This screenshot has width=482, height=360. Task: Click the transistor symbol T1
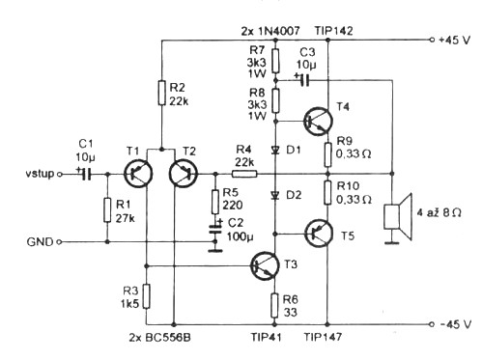[x=138, y=174]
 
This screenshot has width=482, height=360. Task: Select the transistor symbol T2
[x=184, y=174]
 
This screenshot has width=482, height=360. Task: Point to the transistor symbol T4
[x=318, y=121]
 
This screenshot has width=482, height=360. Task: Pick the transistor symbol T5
[x=318, y=234]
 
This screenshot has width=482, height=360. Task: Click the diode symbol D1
[x=275, y=150]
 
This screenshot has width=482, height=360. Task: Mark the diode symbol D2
[x=275, y=195]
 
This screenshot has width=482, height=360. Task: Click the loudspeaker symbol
[x=398, y=217]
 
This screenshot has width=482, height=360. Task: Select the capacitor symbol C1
[x=85, y=174]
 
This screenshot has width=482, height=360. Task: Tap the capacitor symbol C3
[x=304, y=80]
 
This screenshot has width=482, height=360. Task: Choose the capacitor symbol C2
[x=215, y=228]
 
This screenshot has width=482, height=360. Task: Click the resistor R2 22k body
[x=162, y=94]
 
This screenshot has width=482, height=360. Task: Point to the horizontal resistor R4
[x=244, y=174]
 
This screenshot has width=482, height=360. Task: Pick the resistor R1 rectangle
[x=107, y=210]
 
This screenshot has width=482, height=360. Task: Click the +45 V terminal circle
[x=432, y=40]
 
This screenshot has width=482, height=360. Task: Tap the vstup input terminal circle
[x=59, y=174]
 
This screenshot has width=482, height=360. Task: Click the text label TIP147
[x=323, y=337]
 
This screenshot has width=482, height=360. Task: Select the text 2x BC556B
[x=160, y=338]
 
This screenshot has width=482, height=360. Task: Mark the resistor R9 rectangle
[x=327, y=154]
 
